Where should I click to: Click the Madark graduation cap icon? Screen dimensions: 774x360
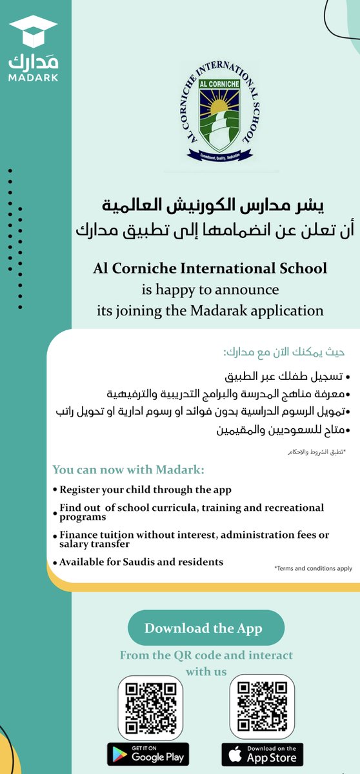coord(34,30)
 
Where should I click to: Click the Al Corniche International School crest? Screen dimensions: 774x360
coord(216,112)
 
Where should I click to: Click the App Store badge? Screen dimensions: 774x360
coord(263,753)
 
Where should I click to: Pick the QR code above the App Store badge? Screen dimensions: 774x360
coord(263,706)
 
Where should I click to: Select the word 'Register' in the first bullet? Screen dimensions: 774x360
coord(81,490)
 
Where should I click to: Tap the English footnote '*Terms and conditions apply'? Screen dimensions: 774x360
coord(313,569)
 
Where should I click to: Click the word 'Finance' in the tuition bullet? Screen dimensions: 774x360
coord(80,535)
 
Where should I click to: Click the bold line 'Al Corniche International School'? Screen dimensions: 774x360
coord(210,268)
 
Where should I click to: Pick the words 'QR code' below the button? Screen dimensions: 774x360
coord(190,655)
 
